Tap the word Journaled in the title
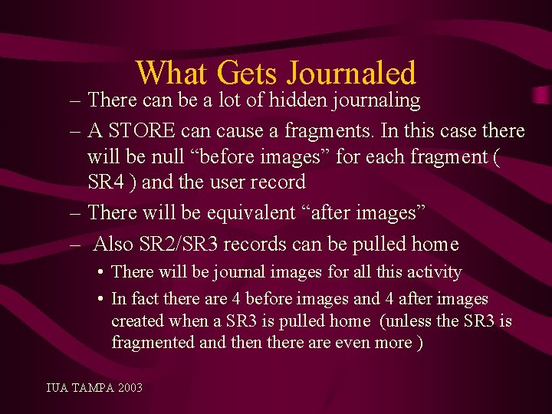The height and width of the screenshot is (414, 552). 351,74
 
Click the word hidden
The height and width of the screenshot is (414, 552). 297,100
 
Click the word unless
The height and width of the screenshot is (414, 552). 413,320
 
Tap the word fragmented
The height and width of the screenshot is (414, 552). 152,342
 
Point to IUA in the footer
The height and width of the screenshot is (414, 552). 57,388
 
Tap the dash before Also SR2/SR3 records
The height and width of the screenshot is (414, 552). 75,245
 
